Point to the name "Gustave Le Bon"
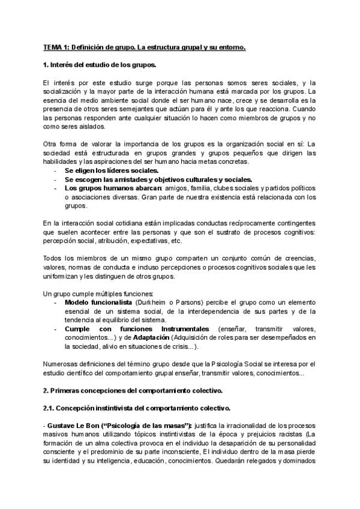[x=69, y=427]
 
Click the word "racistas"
[x=281, y=436]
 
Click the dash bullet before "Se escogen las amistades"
[x=55, y=179]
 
